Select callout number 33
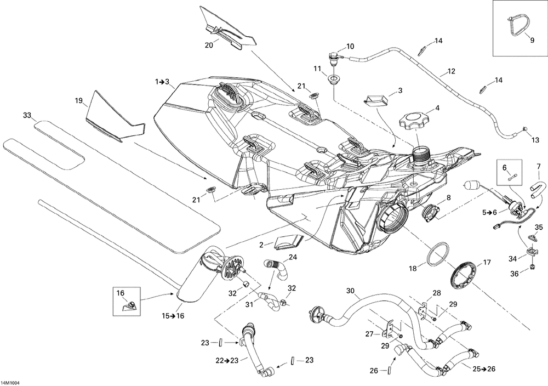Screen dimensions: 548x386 (27, 115)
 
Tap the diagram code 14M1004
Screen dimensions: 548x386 (10, 383)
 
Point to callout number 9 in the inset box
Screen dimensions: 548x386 (532, 40)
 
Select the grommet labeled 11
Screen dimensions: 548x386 (334, 79)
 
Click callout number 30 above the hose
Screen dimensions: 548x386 (351, 291)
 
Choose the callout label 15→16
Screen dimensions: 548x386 (173, 316)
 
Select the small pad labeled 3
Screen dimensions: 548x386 (375, 100)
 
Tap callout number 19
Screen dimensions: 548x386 (79, 101)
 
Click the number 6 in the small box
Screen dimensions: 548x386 (504, 168)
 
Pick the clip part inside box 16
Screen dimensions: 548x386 (129, 305)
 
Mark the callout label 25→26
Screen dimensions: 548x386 (484, 368)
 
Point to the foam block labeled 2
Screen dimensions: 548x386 (289, 242)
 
